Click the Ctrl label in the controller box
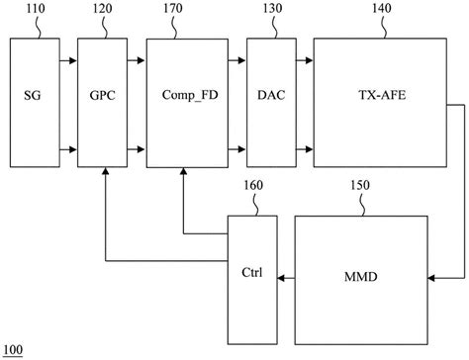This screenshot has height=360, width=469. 252,270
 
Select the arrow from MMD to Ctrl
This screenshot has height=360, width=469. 286,280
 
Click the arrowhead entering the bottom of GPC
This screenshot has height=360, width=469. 104,173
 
